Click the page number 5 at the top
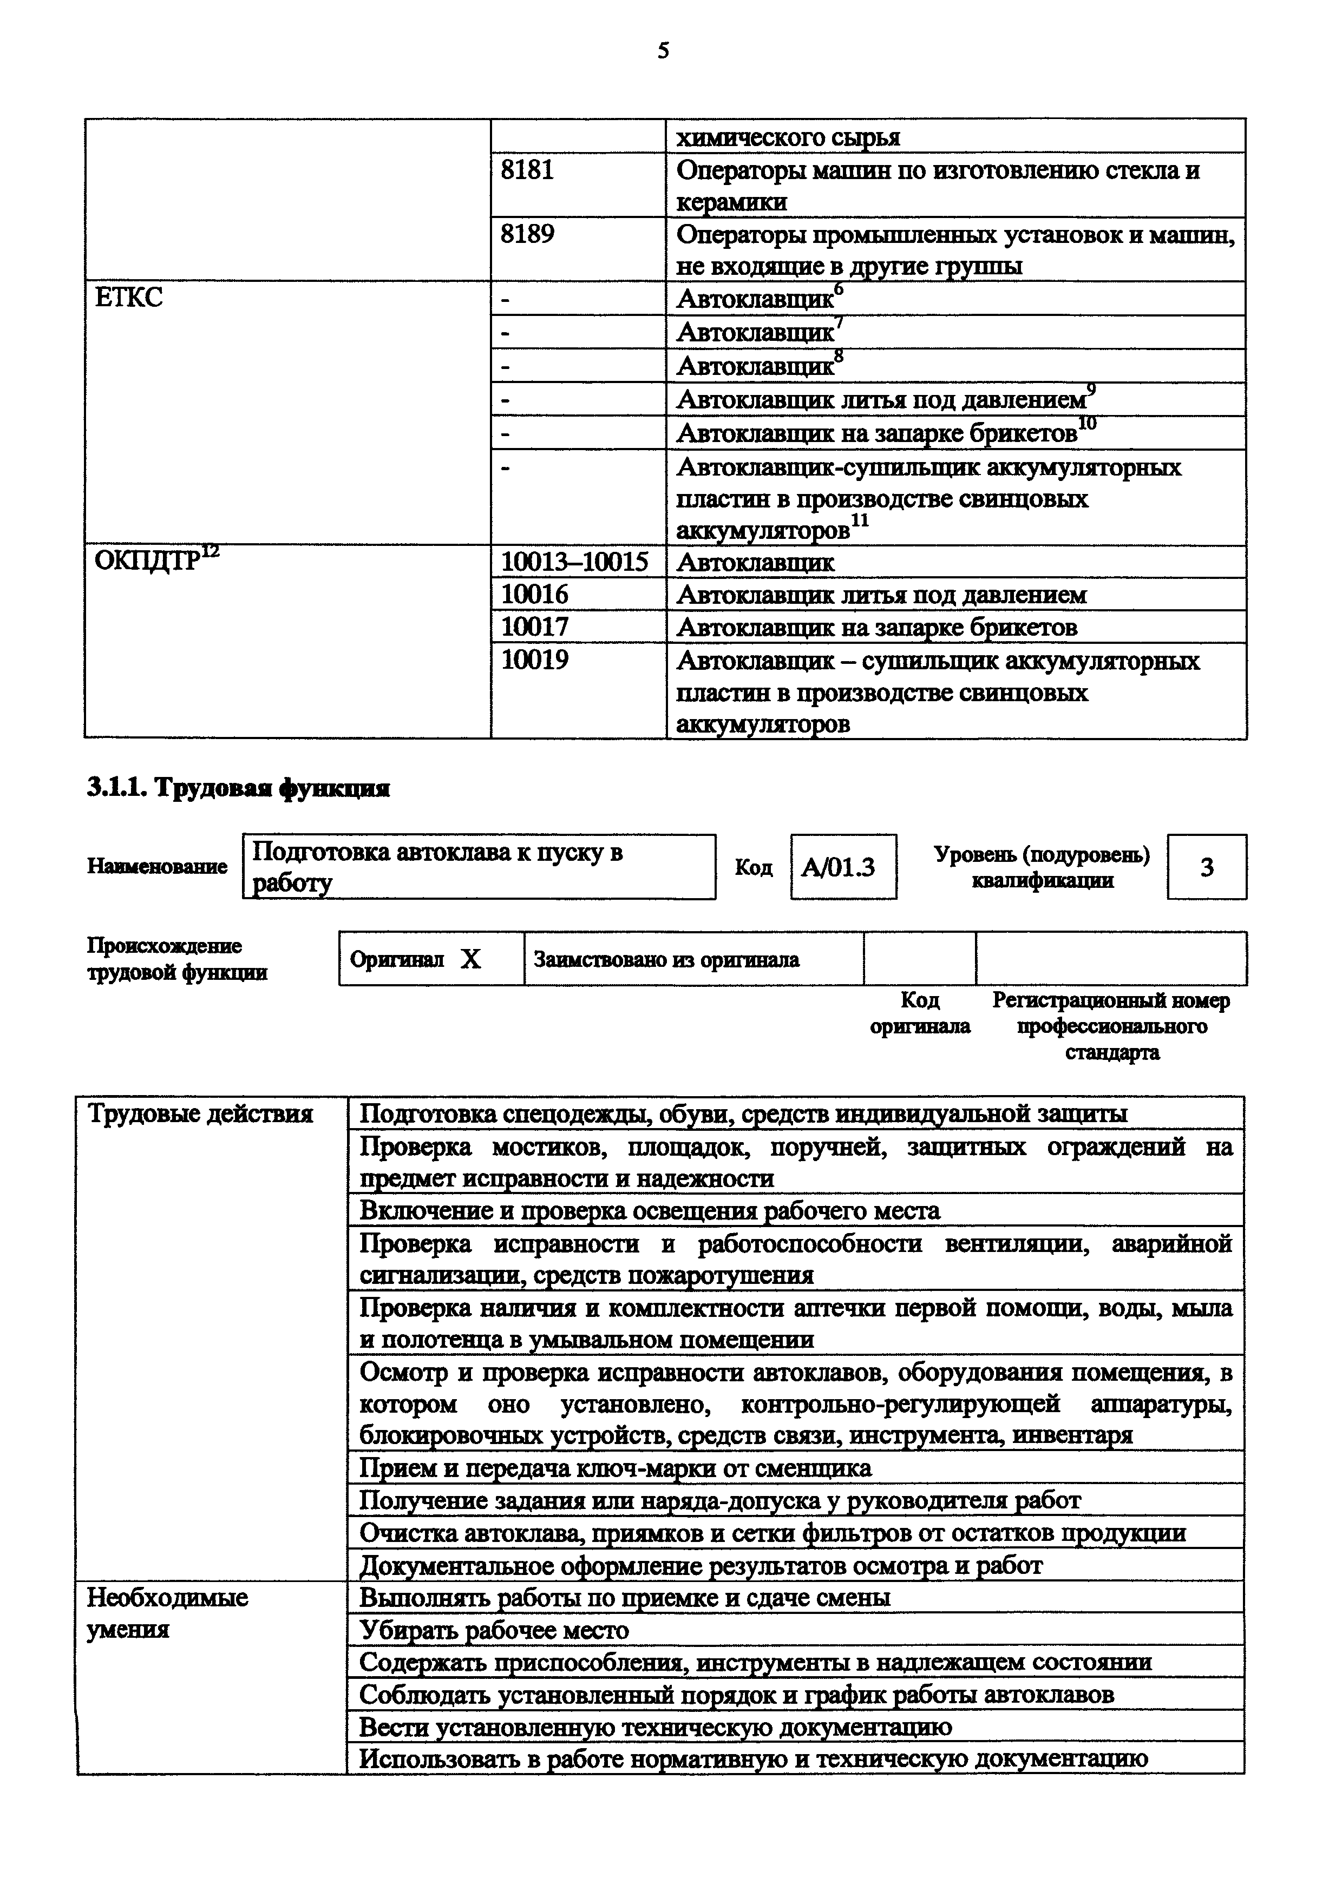(x=663, y=51)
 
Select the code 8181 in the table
(x=527, y=170)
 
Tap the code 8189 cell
(x=527, y=235)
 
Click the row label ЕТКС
(x=129, y=298)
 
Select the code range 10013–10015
(x=575, y=563)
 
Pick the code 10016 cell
(x=535, y=595)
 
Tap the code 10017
(x=535, y=627)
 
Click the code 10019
(x=535, y=660)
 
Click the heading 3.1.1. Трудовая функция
(x=238, y=789)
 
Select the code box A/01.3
(x=842, y=867)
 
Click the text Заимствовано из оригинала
(x=666, y=960)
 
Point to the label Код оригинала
(x=919, y=1013)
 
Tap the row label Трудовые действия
(x=200, y=1115)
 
